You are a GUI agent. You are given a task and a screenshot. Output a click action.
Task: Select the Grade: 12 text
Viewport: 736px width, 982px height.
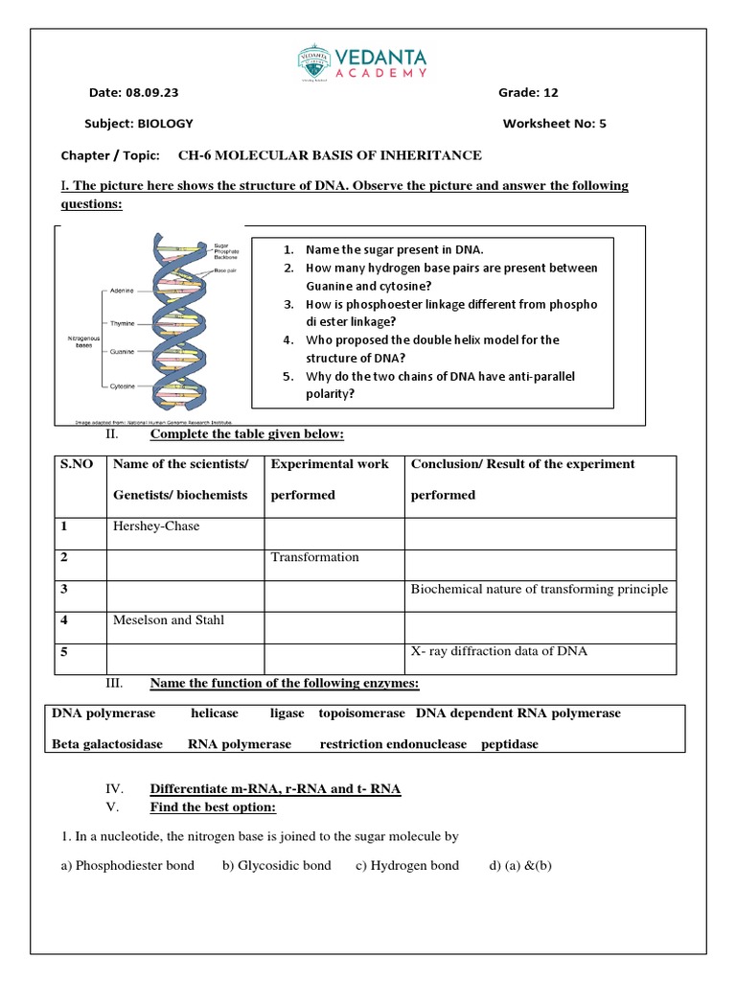pos(527,93)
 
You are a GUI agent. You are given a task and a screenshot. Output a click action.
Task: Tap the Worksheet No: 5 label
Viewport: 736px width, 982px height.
pos(554,124)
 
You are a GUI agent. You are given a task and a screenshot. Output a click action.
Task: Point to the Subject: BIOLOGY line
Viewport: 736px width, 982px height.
pos(139,124)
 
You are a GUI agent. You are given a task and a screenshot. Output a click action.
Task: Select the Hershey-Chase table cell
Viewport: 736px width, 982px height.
pos(155,526)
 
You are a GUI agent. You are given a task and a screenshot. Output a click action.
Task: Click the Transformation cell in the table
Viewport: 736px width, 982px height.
pos(314,557)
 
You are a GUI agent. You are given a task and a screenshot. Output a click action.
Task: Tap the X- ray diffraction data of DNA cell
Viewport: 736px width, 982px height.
pos(498,651)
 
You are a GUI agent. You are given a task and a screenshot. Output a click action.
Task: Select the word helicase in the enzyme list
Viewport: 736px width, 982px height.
pos(214,713)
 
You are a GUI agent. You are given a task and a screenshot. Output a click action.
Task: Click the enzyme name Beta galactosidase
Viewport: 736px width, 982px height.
pos(106,744)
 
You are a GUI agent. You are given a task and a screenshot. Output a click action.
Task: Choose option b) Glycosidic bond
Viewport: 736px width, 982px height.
pos(276,866)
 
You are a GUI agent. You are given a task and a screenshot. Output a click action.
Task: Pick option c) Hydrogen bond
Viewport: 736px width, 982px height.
pos(406,866)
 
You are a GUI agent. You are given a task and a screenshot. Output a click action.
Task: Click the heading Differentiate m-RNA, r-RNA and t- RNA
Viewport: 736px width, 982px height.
pos(275,789)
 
